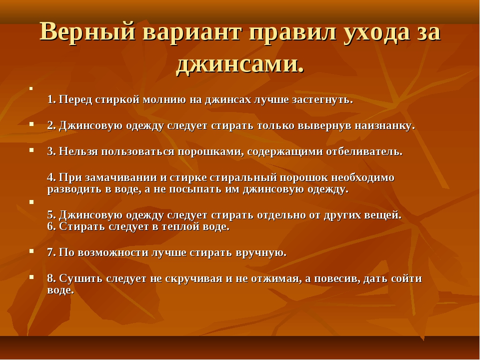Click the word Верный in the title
pyautogui.click(x=87, y=31)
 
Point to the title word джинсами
pyautogui.click(x=240, y=65)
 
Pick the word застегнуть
pyautogui.click(x=322, y=100)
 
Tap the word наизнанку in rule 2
pyautogui.click(x=385, y=126)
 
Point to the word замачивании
pyautogui.click(x=125, y=177)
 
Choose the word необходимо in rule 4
pyautogui.click(x=363, y=178)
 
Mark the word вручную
pyautogui.click(x=261, y=253)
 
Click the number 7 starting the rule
pyautogui.click(x=51, y=252)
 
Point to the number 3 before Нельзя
pyautogui.click(x=50, y=151)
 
